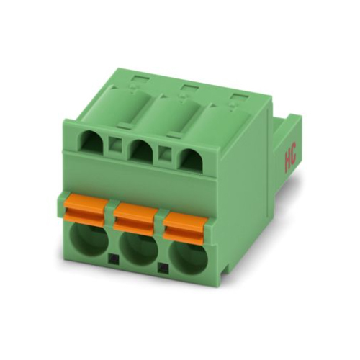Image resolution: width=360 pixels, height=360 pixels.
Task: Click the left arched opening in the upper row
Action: click(x=94, y=143)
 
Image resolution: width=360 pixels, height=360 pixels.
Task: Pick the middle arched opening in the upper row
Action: click(x=141, y=150)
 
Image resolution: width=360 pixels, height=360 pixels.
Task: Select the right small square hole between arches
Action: click(x=164, y=153)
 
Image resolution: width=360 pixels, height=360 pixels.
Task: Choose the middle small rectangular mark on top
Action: click(x=186, y=88)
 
